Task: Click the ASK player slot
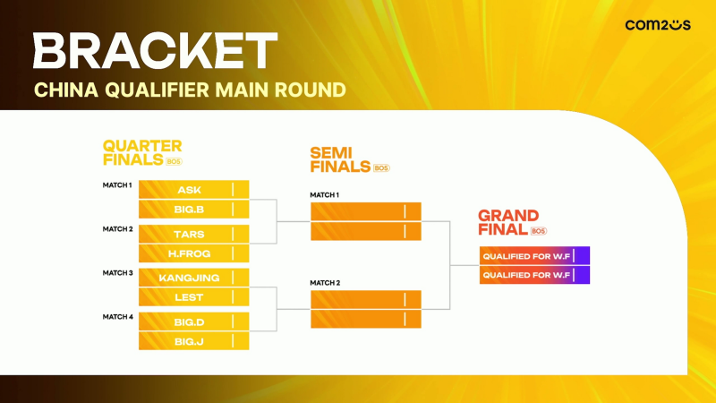pyautogui.click(x=193, y=190)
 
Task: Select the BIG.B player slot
pyautogui.click(x=193, y=210)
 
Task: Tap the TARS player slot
pyautogui.click(x=193, y=234)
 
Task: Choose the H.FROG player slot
pyautogui.click(x=193, y=253)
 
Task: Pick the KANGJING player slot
pyautogui.click(x=193, y=278)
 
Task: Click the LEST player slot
pyautogui.click(x=193, y=297)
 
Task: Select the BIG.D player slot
pyautogui.click(x=193, y=322)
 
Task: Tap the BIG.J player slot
pyautogui.click(x=193, y=341)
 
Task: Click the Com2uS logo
pyautogui.click(x=658, y=25)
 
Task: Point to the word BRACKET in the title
pyautogui.click(x=155, y=51)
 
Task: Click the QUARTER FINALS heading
pyautogui.click(x=142, y=153)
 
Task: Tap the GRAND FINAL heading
pyautogui.click(x=508, y=222)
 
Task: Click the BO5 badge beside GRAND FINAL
pyautogui.click(x=539, y=231)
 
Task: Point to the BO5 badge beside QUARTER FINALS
pyautogui.click(x=174, y=162)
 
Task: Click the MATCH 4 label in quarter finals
pyautogui.click(x=118, y=317)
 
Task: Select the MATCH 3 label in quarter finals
pyautogui.click(x=118, y=273)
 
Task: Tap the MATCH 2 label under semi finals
pyautogui.click(x=325, y=283)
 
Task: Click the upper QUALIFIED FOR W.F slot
pyautogui.click(x=534, y=256)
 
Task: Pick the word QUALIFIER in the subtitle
pyautogui.click(x=158, y=90)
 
